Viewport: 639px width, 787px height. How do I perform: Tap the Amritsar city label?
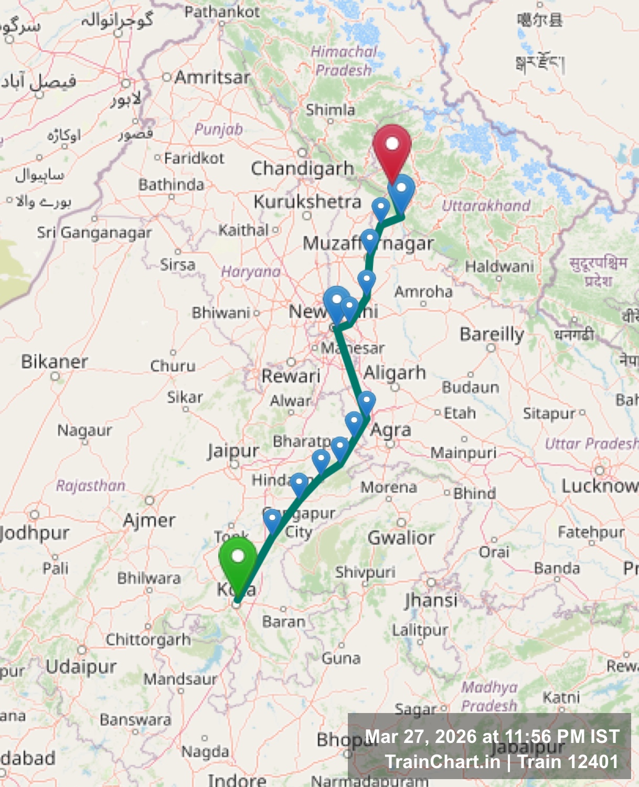212,78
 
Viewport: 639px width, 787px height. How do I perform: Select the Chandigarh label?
302,169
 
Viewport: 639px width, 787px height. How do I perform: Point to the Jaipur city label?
233,451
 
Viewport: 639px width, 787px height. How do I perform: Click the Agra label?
391,430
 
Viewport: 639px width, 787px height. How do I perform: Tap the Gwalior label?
401,538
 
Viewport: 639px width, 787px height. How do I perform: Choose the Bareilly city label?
492,334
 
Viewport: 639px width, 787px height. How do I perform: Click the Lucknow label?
599,486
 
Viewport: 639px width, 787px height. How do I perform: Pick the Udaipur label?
81,667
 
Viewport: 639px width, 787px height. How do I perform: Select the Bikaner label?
54,361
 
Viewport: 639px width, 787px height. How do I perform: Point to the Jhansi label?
431,600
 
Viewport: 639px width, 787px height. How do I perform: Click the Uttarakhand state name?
486,206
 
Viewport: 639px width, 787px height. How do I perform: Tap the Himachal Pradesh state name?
344,61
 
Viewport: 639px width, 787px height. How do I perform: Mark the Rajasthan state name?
90,485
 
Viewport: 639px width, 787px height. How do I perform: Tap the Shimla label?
331,110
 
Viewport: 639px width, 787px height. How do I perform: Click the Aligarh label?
395,373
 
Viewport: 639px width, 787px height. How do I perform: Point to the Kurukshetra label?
307,202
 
